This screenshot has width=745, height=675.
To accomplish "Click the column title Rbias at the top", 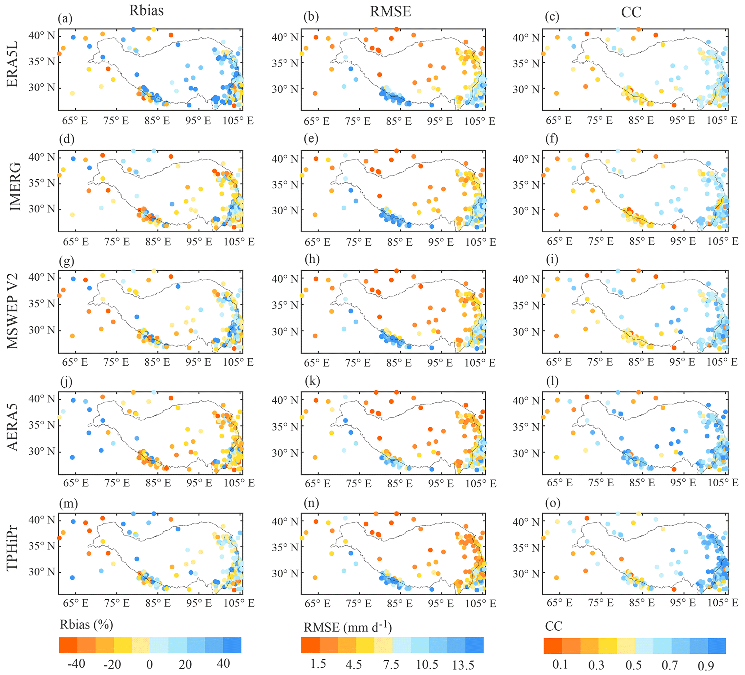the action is point(146,10).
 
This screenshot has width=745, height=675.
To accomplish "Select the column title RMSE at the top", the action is point(391,12).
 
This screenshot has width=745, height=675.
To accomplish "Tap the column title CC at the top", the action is point(631,12).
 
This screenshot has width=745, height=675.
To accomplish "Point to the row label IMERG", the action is point(15,187).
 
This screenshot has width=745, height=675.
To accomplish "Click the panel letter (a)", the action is point(65,18).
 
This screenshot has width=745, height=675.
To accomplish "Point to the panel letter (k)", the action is point(311,381).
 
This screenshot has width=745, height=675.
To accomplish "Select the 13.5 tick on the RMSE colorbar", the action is point(463,665).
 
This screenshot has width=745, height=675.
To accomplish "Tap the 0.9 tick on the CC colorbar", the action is point(706,666).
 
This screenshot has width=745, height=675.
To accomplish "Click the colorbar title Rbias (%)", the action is point(86,625).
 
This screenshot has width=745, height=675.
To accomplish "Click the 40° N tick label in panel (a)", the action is point(41,35).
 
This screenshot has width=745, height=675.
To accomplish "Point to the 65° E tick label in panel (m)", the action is point(75,602).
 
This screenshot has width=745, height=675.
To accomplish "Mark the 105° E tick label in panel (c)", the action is point(722,120).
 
